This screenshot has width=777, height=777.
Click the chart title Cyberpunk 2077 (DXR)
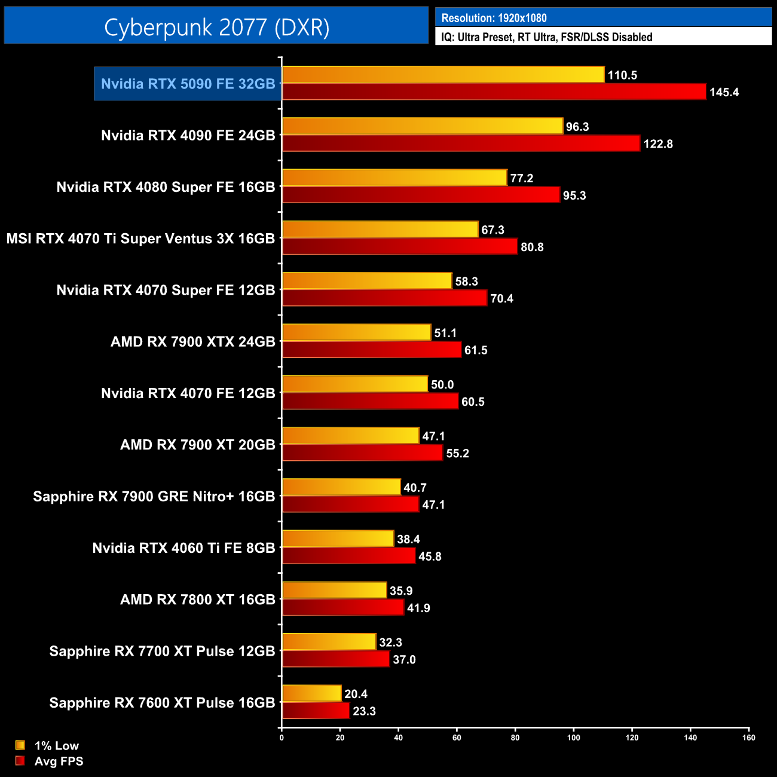[x=216, y=27]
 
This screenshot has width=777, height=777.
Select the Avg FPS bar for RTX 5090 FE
[x=494, y=92]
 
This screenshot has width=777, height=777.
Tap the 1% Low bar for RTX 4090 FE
[x=422, y=126]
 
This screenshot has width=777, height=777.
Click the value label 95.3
[x=574, y=195]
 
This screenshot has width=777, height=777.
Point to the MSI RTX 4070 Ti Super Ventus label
[x=140, y=238]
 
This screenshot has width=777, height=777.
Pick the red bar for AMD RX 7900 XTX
[x=371, y=350]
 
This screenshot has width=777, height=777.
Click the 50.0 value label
[x=442, y=385]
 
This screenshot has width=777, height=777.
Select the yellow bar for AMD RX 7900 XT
[x=350, y=436]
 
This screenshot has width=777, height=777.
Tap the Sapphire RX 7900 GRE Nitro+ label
[x=154, y=497]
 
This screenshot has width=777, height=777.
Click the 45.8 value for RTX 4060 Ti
[x=430, y=556]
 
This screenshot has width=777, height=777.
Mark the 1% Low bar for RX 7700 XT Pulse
[x=329, y=642]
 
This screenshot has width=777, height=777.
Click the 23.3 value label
[x=364, y=711]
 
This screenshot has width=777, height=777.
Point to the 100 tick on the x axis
[x=573, y=738]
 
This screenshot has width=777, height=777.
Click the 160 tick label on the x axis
[x=748, y=738]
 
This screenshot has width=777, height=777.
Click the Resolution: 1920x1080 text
[x=494, y=18]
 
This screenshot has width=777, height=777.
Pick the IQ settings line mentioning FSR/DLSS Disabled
[x=546, y=37]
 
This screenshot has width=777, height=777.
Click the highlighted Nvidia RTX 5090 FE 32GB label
[x=188, y=84]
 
